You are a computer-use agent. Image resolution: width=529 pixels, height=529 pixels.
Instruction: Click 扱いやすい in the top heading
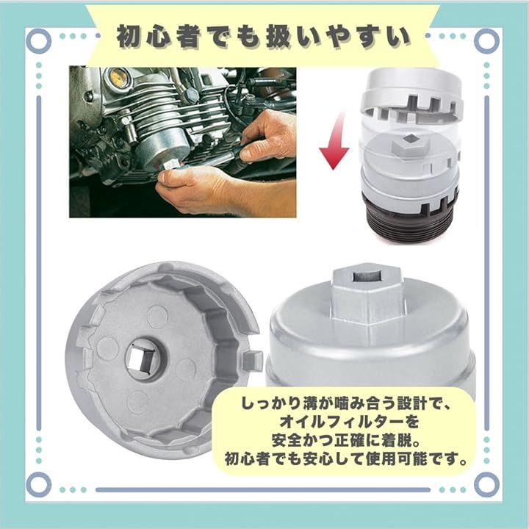pyautogui.click(x=338, y=36)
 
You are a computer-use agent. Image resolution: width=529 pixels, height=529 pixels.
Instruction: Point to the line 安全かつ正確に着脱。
pyautogui.click(x=346, y=440)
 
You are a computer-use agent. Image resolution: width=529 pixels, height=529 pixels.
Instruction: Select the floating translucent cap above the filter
pyautogui.click(x=411, y=98)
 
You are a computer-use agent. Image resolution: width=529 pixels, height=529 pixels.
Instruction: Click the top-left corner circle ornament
pyautogui.click(x=39, y=41)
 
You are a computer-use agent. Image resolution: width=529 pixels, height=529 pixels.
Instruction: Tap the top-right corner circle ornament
pyautogui.click(x=486, y=41)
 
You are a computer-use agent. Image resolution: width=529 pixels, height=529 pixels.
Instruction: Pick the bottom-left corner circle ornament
pyautogui.click(x=39, y=484)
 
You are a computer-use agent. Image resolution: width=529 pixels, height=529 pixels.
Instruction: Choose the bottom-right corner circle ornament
pyautogui.click(x=486, y=484)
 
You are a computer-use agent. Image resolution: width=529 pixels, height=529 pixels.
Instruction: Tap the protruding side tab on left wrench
pyautogui.click(x=253, y=359)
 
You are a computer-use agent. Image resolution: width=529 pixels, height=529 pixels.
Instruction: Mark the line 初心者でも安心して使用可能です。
pyautogui.click(x=346, y=459)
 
